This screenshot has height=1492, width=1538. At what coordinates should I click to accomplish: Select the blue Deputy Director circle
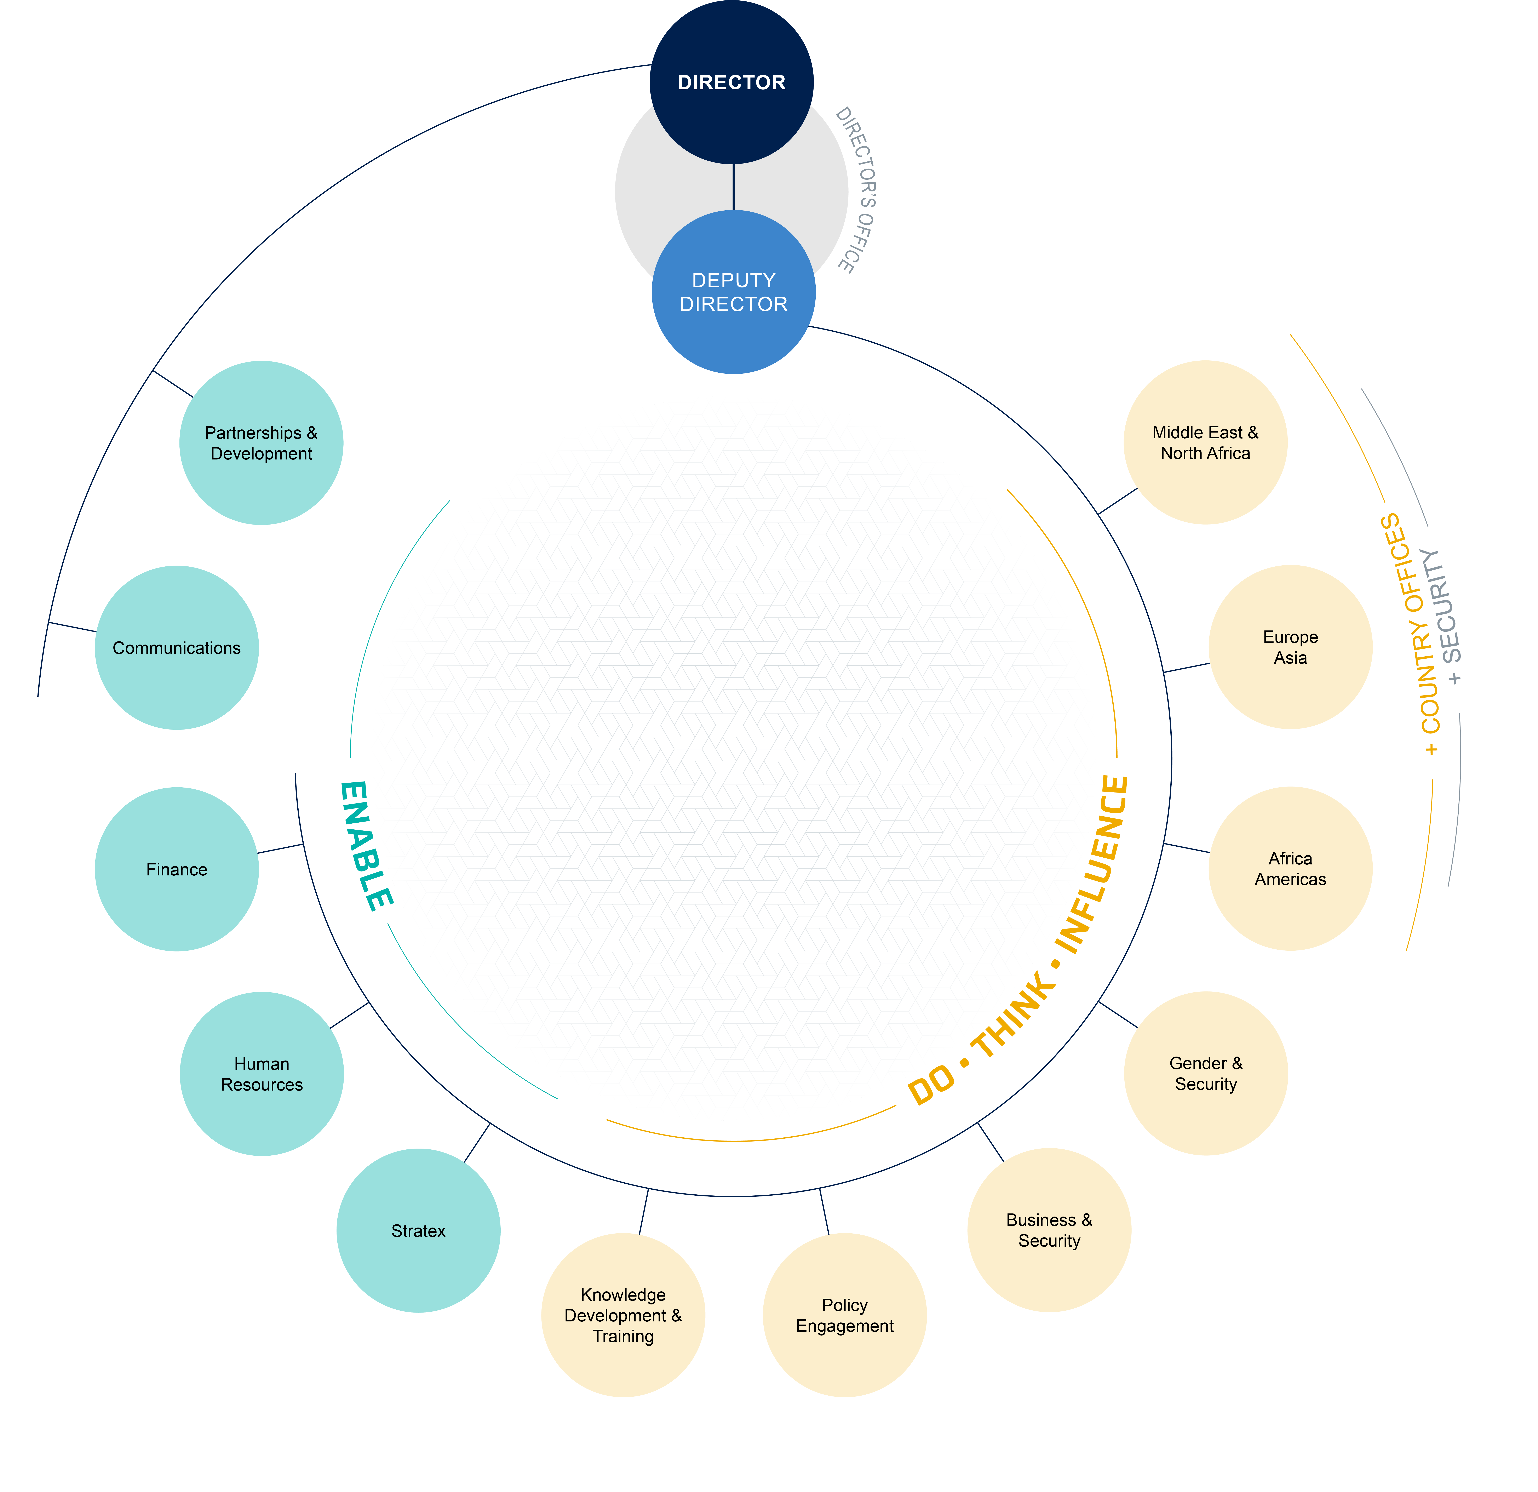pyautogui.click(x=734, y=292)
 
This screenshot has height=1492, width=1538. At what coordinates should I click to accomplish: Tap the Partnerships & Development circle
pyautogui.click(x=261, y=443)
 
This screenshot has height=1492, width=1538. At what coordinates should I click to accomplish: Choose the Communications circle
pyautogui.click(x=177, y=647)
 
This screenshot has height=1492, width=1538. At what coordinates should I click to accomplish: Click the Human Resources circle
pyautogui.click(x=261, y=1074)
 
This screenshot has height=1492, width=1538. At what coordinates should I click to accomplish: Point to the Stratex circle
pyautogui.click(x=418, y=1231)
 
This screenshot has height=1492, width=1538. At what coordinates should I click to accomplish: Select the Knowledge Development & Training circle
pyautogui.click(x=623, y=1315)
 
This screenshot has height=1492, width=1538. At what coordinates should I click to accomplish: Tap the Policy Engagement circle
pyautogui.click(x=844, y=1315)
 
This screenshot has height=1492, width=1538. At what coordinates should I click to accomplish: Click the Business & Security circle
pyautogui.click(x=1049, y=1230)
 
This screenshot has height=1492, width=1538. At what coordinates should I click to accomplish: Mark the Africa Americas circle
pyautogui.click(x=1290, y=869)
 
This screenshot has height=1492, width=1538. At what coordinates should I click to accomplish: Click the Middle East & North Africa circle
pyautogui.click(x=1205, y=443)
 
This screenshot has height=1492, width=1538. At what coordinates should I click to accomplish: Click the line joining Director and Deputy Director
pyautogui.click(x=734, y=187)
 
